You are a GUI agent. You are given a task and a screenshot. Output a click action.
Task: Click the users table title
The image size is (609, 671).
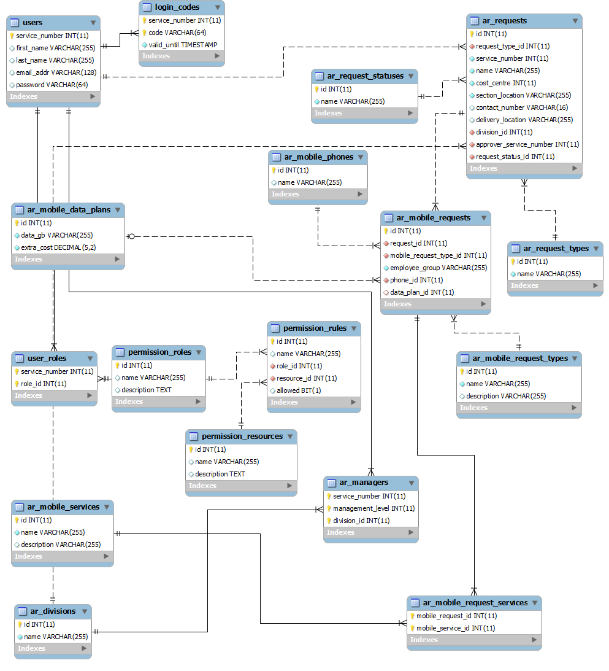coord(33,23)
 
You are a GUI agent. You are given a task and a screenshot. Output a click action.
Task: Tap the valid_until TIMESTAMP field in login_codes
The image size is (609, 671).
coord(183,45)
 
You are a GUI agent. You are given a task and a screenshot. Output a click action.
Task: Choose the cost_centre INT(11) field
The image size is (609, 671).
coord(506,83)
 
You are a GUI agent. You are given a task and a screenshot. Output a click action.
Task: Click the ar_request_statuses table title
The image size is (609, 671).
coord(365,76)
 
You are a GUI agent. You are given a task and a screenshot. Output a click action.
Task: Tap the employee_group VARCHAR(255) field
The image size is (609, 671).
coord(439,268)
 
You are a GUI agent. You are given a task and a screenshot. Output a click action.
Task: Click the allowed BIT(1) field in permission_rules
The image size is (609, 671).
coord(299,390)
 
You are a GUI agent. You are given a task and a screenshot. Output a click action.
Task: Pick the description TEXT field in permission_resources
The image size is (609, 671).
coord(220,474)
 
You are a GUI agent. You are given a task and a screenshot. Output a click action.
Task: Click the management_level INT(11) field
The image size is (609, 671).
coord(373,508)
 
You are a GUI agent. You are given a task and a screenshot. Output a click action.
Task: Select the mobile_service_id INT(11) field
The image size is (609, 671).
coord(455,628)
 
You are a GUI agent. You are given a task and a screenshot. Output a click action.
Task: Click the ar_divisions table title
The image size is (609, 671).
coord(53,611)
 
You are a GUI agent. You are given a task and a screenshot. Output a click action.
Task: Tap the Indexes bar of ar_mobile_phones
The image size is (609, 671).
coord(318,194)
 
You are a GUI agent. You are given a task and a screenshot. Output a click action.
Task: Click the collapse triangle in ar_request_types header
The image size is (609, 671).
coord(595,249)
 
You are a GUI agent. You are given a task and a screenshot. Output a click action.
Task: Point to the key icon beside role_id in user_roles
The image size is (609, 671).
coord(17,384)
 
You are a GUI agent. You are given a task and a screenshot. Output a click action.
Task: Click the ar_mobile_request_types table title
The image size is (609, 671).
coord(520,359)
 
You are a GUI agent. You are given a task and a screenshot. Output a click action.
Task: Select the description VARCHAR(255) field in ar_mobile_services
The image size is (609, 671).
coord(61,545)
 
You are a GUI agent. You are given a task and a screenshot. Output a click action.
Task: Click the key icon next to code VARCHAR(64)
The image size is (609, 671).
coord(145,33)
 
